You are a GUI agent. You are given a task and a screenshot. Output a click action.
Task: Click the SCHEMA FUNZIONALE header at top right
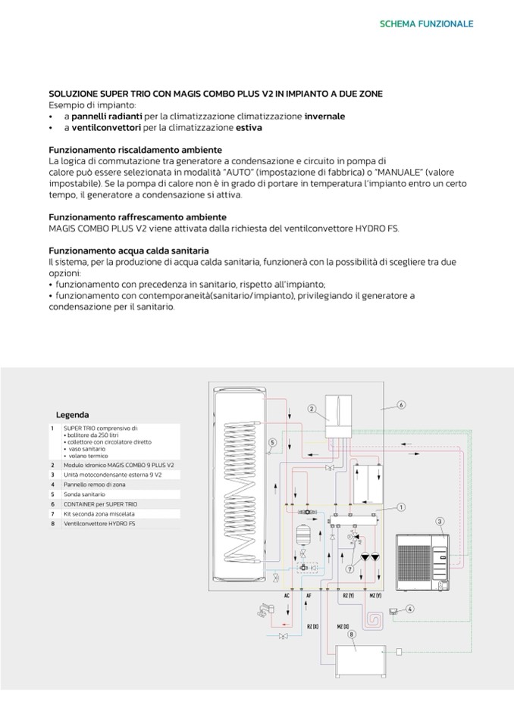[426, 24]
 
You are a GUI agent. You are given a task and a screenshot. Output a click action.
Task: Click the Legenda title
[72, 415]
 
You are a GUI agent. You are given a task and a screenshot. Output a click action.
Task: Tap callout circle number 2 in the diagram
[312, 409]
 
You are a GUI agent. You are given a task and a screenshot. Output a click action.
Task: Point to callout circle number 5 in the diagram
[272, 443]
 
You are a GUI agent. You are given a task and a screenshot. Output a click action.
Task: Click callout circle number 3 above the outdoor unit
[440, 522]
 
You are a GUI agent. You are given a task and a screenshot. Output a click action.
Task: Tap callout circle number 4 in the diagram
[409, 608]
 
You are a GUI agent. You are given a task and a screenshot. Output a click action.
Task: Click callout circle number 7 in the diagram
[349, 569]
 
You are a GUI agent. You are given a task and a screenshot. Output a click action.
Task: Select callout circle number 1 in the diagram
[400, 507]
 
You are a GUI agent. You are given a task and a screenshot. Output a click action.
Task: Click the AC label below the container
[287, 597]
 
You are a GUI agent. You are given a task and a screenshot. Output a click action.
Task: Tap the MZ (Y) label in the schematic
[375, 597]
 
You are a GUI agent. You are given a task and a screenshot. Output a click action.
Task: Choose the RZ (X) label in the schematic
[312, 627]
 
